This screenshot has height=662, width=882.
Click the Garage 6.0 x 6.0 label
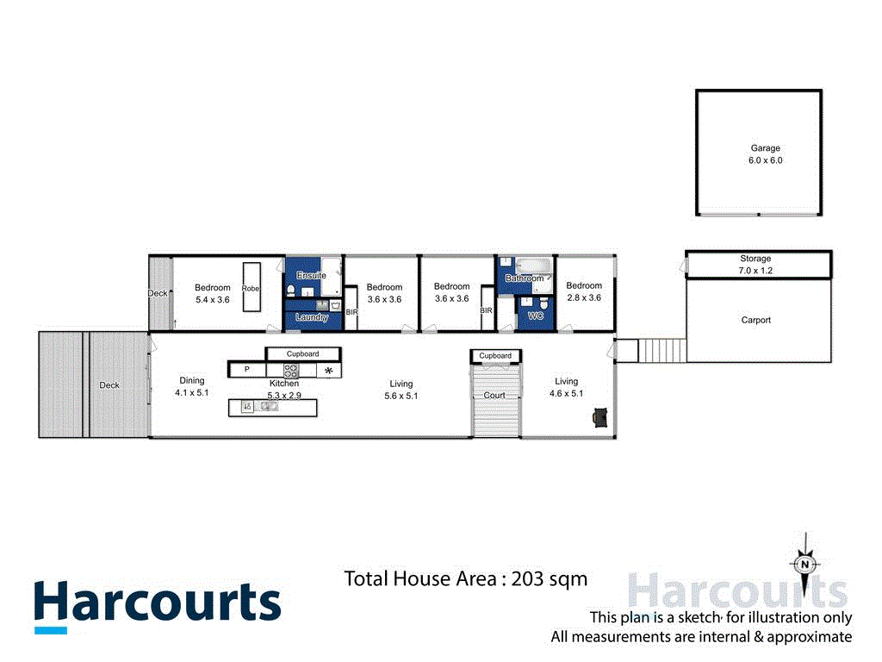coord(759,154)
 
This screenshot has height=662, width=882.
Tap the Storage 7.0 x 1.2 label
coord(755,265)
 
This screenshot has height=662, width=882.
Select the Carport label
coord(755,320)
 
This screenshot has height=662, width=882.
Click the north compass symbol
coord(804,565)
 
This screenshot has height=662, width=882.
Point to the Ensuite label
coord(311,275)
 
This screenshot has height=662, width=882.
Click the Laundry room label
coord(311,317)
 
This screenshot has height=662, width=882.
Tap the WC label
coord(536,316)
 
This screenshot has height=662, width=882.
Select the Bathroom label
coord(524,278)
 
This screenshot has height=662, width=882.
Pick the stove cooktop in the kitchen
coord(291,371)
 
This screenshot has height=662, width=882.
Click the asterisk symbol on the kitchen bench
coord(328,371)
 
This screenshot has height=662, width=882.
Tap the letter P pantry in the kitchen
coord(246,370)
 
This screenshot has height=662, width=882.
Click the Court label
coord(494,396)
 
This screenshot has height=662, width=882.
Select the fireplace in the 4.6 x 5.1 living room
coord(599,418)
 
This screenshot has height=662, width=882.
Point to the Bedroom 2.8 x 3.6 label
coord(583,292)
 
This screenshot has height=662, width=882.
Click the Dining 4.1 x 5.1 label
coord(191,386)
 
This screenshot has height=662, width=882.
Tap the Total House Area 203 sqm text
coord(465,578)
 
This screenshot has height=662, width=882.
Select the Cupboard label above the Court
coord(495,356)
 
